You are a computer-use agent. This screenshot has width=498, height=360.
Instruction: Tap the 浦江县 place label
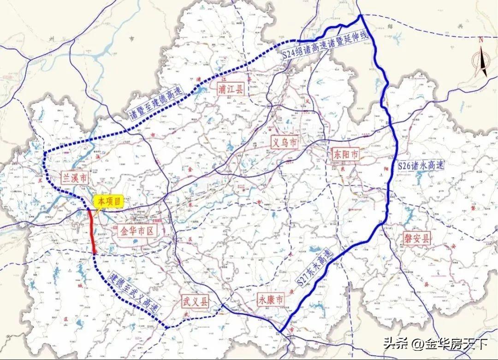click(232, 89)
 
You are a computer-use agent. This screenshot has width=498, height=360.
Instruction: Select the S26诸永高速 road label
click(420, 165)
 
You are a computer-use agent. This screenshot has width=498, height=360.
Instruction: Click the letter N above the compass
click(480, 40)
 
